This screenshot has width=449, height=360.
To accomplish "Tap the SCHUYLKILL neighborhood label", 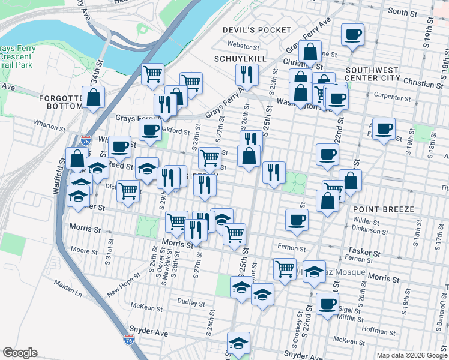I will click(240, 59).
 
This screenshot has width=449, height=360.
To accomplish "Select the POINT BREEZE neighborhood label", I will click(384, 209).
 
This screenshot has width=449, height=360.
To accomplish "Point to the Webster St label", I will click(243, 45).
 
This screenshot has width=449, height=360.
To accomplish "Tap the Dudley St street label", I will click(192, 301).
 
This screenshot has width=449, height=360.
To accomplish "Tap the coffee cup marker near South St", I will click(353, 34).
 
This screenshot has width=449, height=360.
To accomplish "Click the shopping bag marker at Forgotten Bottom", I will click(94, 97).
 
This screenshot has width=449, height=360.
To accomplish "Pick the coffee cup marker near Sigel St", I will click(327, 304).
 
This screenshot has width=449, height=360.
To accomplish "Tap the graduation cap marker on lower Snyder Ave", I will click(238, 343).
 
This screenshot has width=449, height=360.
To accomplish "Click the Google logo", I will click(20, 353).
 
